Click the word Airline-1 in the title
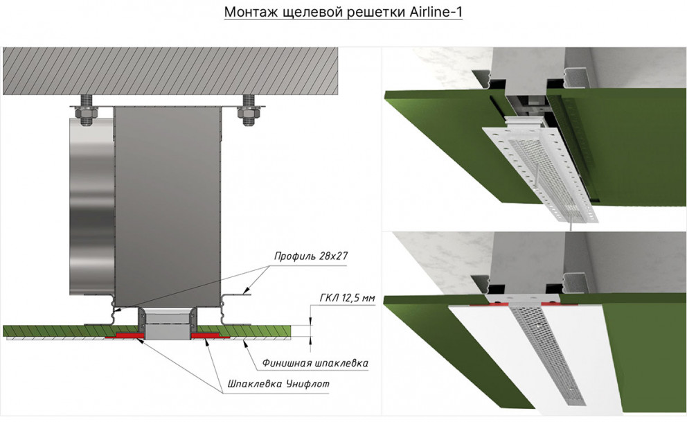pyautogui.click(x=436, y=12)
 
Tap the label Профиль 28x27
pyautogui.click(x=311, y=256)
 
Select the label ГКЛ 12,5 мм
pyautogui.click(x=348, y=298)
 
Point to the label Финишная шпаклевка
pyautogui.click(x=315, y=363)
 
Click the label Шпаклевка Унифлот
pyautogui.click(x=278, y=384)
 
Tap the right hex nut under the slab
pyautogui.click(x=249, y=113)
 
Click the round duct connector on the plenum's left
pyautogui.click(x=91, y=206)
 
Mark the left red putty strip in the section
pyautogui.click(x=125, y=335)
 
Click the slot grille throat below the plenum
pyautogui.click(x=168, y=324)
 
